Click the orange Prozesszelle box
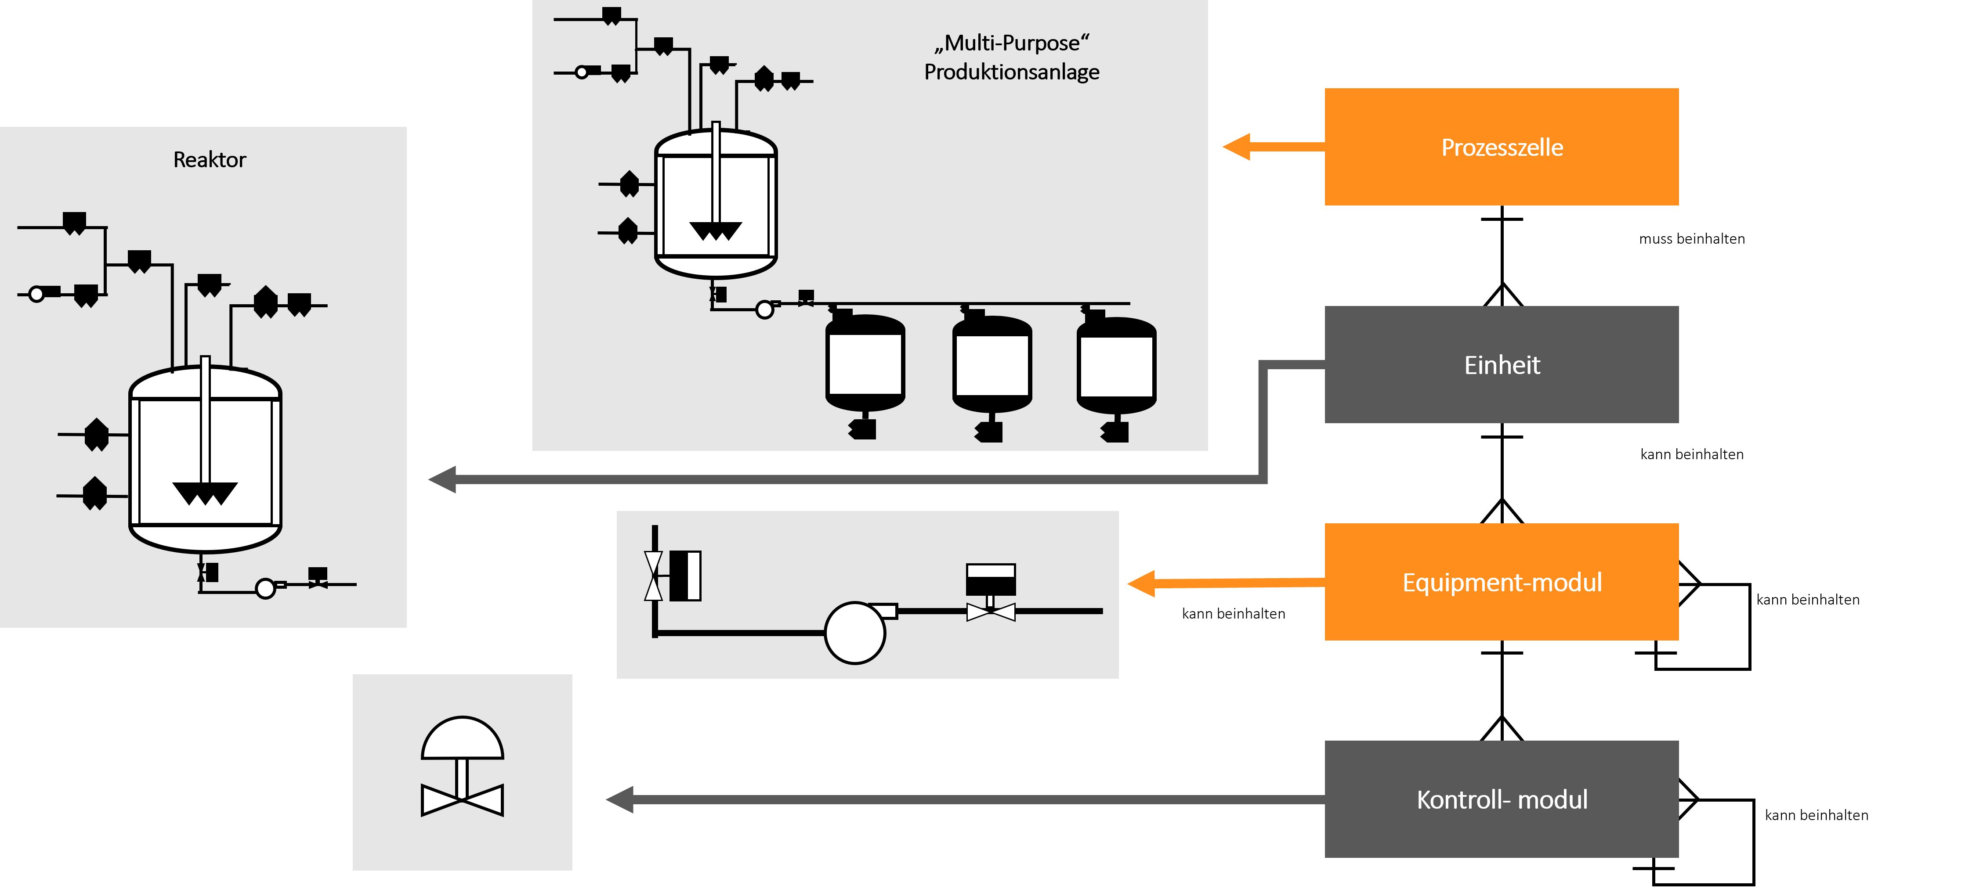coord(1501,146)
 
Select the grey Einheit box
coord(1501,364)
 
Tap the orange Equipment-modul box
coord(1501,582)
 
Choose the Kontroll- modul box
coord(1501,799)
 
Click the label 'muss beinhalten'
coord(1692,239)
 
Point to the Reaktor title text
coord(210,159)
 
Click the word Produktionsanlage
coord(1011,72)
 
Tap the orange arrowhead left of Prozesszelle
coord(1237,146)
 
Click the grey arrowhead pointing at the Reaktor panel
coord(442,479)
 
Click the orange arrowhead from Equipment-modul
coord(1141,584)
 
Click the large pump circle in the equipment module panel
coord(855,633)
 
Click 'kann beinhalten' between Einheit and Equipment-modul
coord(1692,454)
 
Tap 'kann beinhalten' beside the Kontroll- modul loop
coord(1816,815)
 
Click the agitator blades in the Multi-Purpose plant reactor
coord(716,230)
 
